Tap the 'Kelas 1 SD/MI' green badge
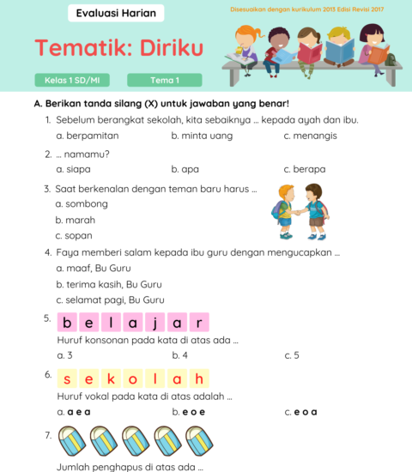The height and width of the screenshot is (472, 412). (72, 81)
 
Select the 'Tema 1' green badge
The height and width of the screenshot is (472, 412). (164, 81)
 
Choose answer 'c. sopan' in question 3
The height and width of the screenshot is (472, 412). (73, 235)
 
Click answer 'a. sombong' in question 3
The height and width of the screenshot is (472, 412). (81, 203)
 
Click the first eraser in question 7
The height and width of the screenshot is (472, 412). (70, 441)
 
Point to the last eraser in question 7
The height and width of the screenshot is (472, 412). (198, 441)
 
